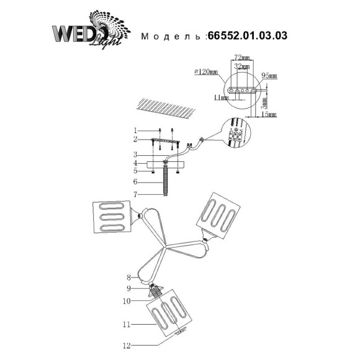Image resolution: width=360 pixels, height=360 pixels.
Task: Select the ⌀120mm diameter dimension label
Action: coord(207,73)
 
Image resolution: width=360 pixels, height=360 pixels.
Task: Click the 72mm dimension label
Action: coord(240,57)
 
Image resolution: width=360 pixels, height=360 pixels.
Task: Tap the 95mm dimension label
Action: coord(269,76)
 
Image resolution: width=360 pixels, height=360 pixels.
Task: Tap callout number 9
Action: coord(129,287)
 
